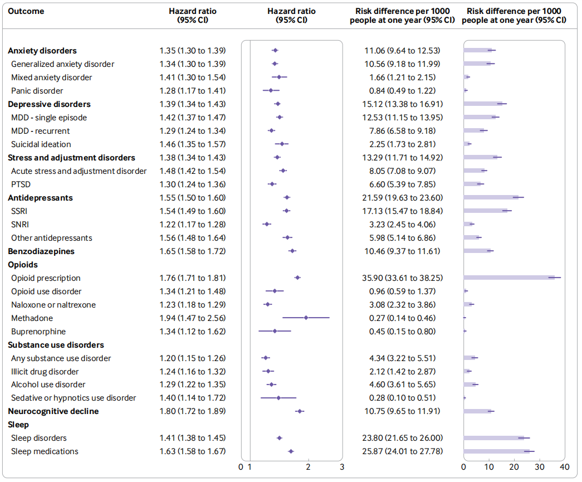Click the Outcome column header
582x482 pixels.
(x=26, y=11)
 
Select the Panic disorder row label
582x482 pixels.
(x=37, y=91)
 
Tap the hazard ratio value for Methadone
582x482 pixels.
(x=192, y=318)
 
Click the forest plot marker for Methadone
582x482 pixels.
(x=306, y=318)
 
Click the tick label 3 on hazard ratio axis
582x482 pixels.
(x=342, y=467)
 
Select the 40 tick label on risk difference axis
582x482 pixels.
(x=564, y=467)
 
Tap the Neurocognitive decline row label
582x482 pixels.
(x=53, y=411)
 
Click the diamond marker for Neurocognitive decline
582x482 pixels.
(x=300, y=411)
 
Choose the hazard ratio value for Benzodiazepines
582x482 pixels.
(x=192, y=251)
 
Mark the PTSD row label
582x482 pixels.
(x=22, y=184)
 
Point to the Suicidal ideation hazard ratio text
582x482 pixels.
(x=192, y=144)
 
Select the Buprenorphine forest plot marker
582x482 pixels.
(x=275, y=332)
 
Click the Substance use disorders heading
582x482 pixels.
(x=56, y=345)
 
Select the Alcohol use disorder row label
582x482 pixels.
(x=48, y=384)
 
